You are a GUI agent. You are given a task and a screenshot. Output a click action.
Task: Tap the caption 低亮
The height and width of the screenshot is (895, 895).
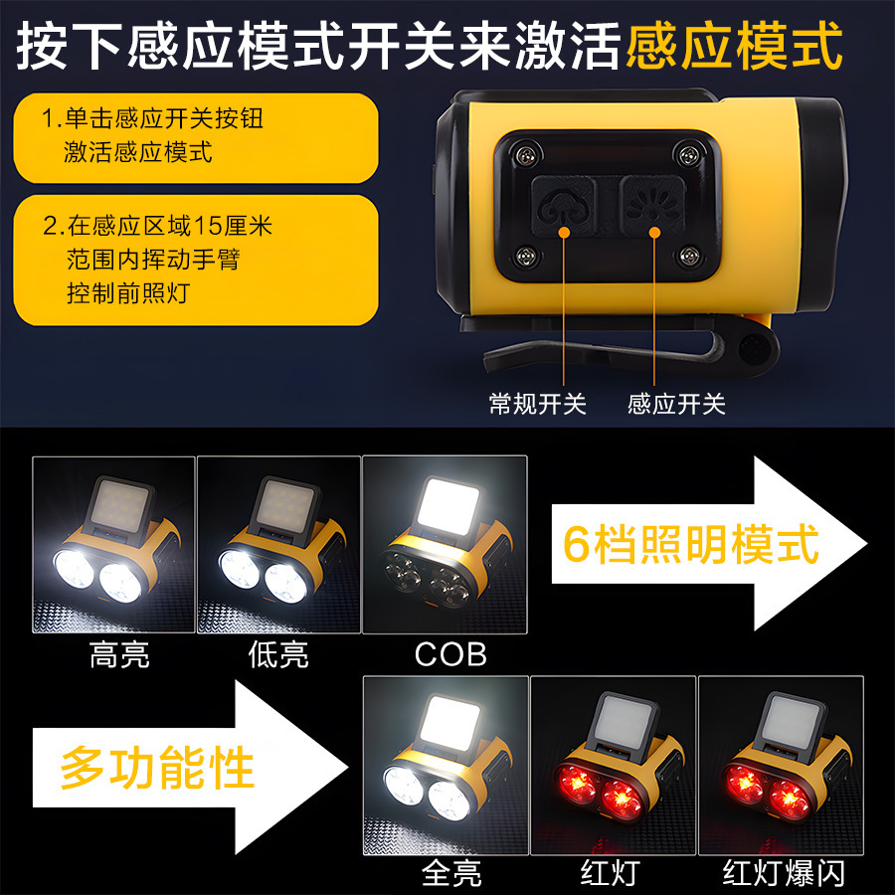pyautogui.click(x=277, y=655)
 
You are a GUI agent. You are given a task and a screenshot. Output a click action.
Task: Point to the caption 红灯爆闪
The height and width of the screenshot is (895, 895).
pyautogui.click(x=783, y=872)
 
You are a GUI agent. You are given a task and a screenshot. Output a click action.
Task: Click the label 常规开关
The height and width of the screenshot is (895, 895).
pyautogui.click(x=538, y=404)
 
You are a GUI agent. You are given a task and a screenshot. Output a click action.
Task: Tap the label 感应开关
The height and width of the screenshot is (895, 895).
pyautogui.click(x=676, y=404)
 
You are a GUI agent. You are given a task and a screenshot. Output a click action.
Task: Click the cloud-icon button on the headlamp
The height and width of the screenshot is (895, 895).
pyautogui.click(x=563, y=205)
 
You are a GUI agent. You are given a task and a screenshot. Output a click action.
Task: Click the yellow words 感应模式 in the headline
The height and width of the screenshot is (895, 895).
pyautogui.click(x=735, y=45)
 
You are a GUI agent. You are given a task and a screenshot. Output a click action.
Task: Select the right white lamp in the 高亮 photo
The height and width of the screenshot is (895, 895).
pyautogui.click(x=119, y=581)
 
